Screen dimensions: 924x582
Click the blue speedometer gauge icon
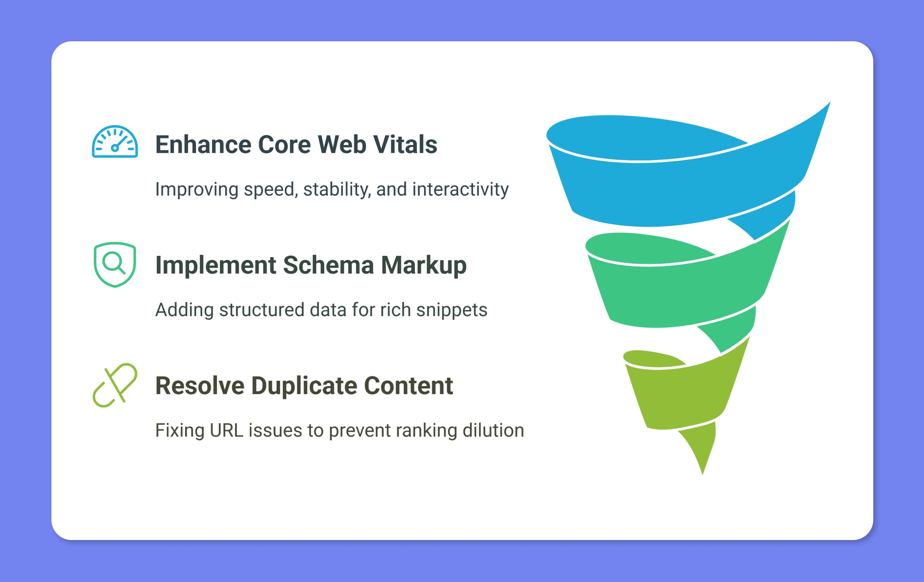[x=115, y=142]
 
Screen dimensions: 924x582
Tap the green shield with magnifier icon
[x=115, y=265]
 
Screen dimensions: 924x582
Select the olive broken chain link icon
[x=115, y=385]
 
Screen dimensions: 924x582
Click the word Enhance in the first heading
[x=203, y=144]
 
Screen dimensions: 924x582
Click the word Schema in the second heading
[x=328, y=265]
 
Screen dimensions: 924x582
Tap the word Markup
[x=424, y=266]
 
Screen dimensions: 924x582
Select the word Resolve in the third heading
[x=200, y=385]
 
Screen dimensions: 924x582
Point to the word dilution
[x=493, y=430]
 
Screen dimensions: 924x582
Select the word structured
[x=262, y=310]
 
